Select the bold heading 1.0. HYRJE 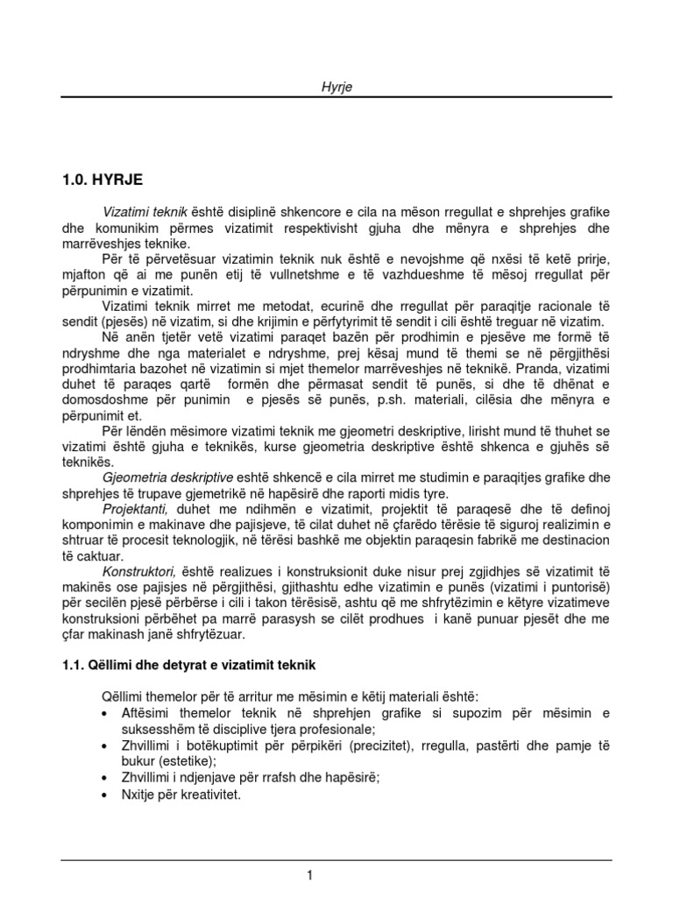pos(102,180)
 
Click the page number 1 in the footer pos(310,874)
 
